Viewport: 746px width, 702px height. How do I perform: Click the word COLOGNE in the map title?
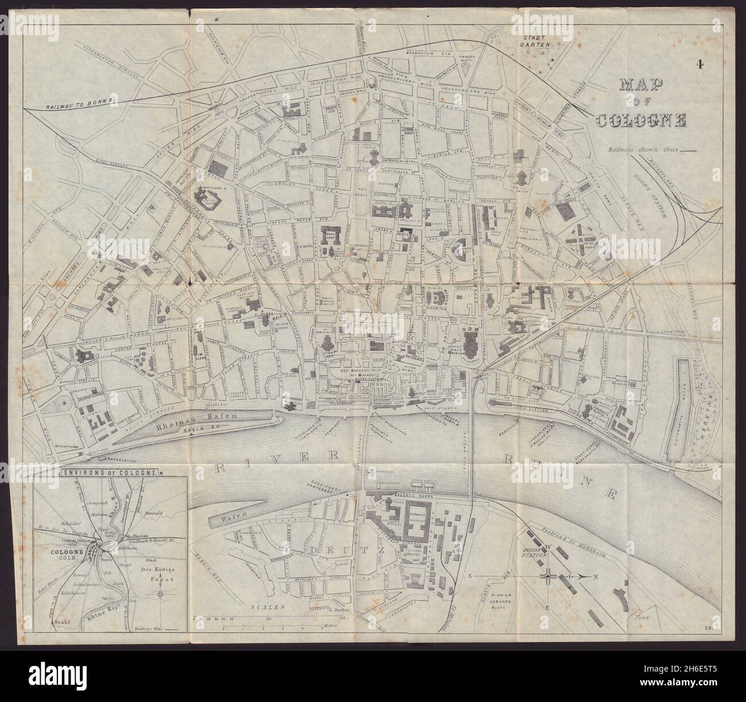642,121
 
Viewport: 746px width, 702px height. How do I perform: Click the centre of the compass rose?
549,576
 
